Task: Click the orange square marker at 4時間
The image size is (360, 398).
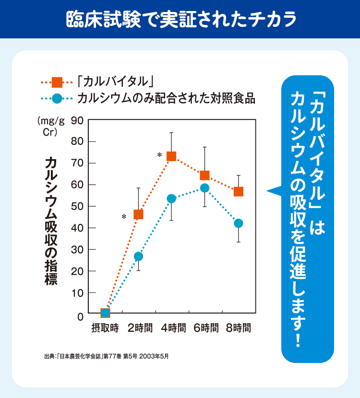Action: pyautogui.click(x=171, y=156)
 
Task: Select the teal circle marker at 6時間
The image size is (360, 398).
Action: pyautogui.click(x=204, y=188)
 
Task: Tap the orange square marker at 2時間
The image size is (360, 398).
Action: pyautogui.click(x=138, y=214)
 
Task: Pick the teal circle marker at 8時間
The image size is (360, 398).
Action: pyautogui.click(x=238, y=223)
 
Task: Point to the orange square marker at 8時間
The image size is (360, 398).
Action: pyautogui.click(x=238, y=192)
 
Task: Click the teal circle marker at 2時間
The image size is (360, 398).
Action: pyautogui.click(x=138, y=257)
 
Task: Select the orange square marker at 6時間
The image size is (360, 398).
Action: pyautogui.click(x=204, y=176)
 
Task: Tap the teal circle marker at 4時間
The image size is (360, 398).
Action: pyautogui.click(x=171, y=199)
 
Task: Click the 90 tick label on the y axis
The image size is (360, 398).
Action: pyautogui.click(x=77, y=120)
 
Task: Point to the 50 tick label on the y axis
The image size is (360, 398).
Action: pyautogui.click(x=77, y=206)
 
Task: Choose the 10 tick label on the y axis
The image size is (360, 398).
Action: pyautogui.click(x=77, y=293)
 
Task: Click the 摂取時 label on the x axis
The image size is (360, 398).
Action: pyautogui.click(x=105, y=328)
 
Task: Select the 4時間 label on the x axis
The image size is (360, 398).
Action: pyautogui.click(x=173, y=328)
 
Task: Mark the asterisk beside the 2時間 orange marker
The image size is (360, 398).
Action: pyautogui.click(x=124, y=217)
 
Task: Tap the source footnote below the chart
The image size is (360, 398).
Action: pyautogui.click(x=106, y=357)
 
